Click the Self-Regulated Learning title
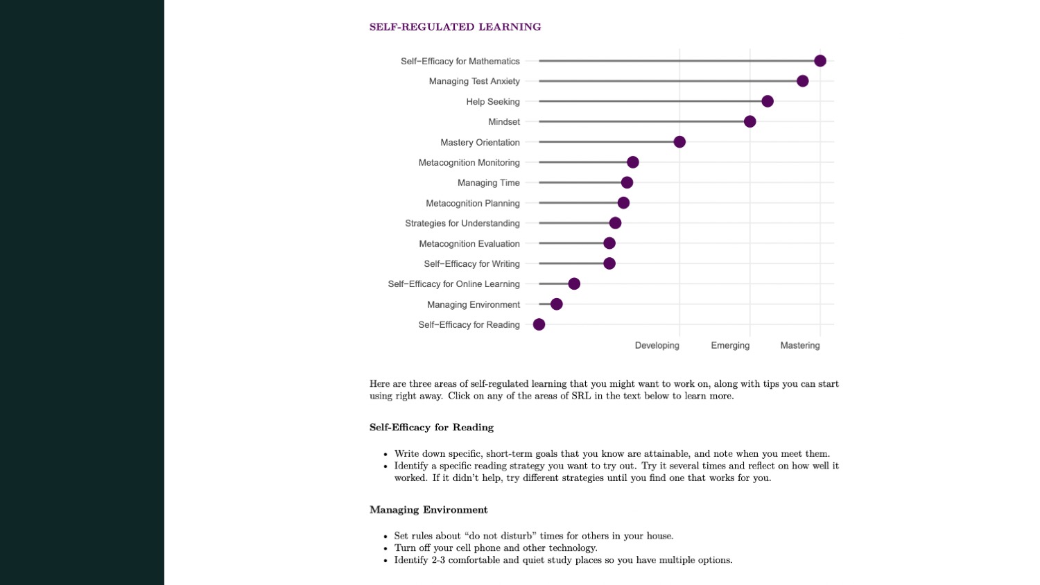coord(455,27)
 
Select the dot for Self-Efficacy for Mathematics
coord(820,61)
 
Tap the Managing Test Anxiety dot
coord(802,81)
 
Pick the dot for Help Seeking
coord(768,101)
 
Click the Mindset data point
coord(749,122)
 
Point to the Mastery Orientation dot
coord(679,142)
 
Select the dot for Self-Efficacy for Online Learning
coord(574,283)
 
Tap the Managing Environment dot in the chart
coord(556,304)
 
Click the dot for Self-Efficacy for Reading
coord(539,324)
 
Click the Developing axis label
coord(657,345)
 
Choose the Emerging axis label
coord(730,345)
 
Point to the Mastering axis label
coord(799,345)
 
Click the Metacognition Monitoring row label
coord(469,162)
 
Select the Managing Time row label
coord(488,183)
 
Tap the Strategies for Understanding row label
coord(462,223)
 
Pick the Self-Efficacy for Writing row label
coord(471,264)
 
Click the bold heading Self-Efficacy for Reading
coord(431,428)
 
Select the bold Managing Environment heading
coord(428,510)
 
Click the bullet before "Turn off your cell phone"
coord(385,548)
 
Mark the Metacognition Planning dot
coord(623,203)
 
